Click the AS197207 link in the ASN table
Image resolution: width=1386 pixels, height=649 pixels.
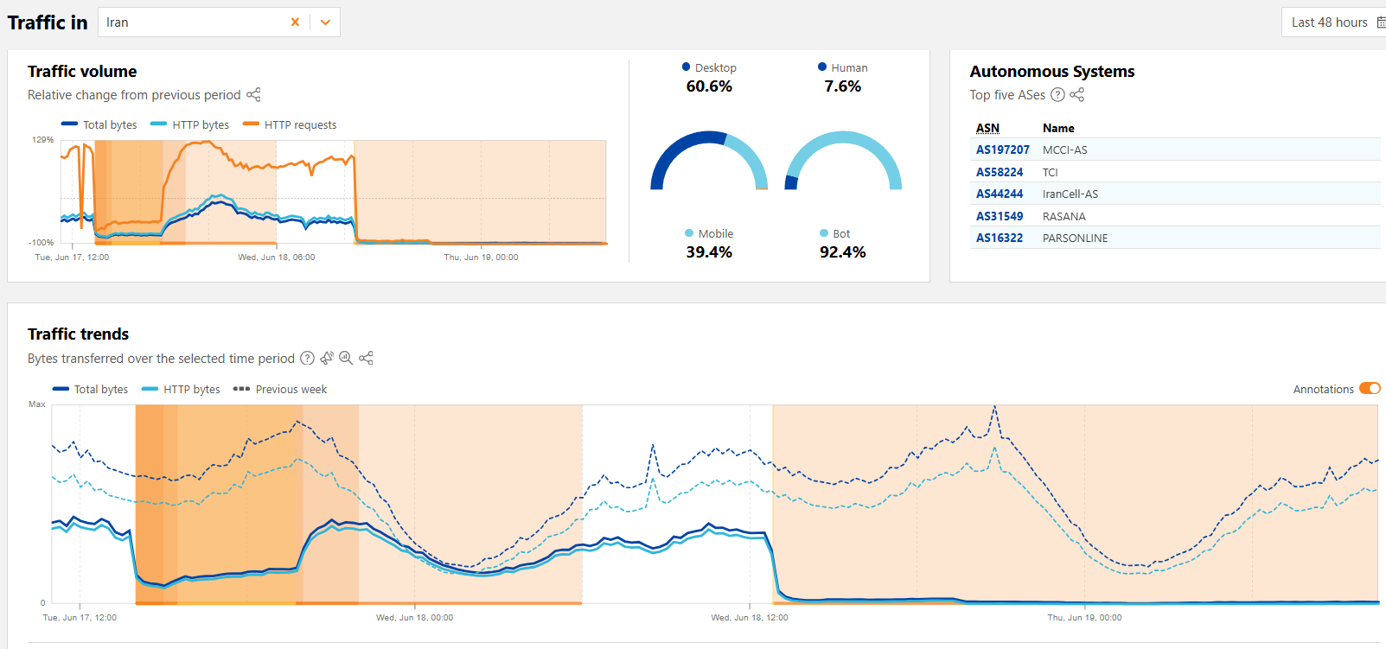tap(1002, 150)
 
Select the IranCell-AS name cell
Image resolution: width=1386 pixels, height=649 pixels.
tap(1070, 194)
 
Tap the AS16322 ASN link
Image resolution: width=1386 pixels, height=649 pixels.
tap(999, 238)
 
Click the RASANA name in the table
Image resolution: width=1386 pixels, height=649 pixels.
tap(1063, 216)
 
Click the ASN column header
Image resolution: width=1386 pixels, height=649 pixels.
tap(987, 128)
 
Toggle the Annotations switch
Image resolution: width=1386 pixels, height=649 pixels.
tap(1370, 389)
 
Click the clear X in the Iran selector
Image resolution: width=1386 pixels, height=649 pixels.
tap(295, 22)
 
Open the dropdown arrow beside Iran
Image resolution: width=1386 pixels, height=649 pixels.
tap(325, 22)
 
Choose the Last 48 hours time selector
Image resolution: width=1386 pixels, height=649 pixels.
tap(1330, 22)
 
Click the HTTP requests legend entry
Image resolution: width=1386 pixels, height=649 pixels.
tap(299, 124)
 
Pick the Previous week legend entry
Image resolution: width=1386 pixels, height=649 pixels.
tap(291, 389)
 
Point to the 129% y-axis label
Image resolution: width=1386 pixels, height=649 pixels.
tap(42, 139)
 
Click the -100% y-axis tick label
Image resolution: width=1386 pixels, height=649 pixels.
tap(41, 242)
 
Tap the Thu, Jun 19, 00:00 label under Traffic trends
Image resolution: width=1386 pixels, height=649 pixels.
tap(1084, 617)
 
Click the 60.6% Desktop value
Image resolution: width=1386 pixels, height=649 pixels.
tap(709, 86)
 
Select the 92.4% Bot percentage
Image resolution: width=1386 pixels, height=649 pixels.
tap(842, 252)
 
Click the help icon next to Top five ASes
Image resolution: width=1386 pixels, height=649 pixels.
tap(1057, 95)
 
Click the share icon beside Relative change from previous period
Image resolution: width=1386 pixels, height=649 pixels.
tap(253, 95)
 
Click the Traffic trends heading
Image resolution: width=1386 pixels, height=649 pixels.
tap(78, 334)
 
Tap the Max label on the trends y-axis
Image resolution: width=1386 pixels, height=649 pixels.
tap(36, 404)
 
